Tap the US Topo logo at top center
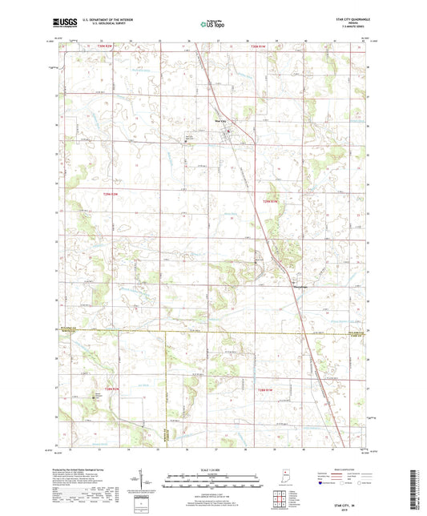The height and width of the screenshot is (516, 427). click(x=211, y=24)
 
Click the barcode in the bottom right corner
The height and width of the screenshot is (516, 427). click(x=414, y=490)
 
